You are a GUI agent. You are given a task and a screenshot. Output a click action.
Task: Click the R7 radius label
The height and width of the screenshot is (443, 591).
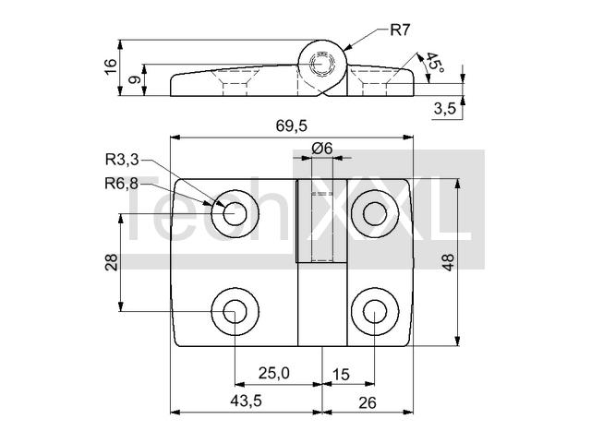coord(400,30)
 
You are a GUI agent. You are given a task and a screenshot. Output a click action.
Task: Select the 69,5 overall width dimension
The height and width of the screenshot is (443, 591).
coord(292,126)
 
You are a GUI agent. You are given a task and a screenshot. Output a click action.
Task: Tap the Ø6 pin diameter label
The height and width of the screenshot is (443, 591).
coord(322,149)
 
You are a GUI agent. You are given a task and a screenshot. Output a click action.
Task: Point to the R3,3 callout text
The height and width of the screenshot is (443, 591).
coord(122,160)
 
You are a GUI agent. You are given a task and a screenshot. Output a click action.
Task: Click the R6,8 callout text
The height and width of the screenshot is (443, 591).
coord(122,184)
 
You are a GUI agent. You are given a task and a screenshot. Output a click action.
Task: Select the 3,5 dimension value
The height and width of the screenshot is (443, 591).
coord(445,109)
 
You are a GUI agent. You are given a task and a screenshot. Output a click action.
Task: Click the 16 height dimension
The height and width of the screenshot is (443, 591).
coord(111,67)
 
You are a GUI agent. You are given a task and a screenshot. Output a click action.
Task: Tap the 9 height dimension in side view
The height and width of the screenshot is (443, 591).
coord(135,80)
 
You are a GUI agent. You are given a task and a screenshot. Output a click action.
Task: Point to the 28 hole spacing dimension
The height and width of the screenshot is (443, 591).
coord(112,262)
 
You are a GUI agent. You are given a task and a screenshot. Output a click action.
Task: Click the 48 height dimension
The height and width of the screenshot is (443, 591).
coord(449,262)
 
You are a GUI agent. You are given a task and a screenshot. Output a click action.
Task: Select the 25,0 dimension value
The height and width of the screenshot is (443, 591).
coord(274,373)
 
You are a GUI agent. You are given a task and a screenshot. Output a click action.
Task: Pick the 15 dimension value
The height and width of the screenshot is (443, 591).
coord(341,376)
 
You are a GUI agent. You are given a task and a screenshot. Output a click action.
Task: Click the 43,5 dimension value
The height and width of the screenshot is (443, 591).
coord(247,401)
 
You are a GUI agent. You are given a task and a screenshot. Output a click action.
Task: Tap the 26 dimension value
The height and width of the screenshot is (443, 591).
coord(368,403)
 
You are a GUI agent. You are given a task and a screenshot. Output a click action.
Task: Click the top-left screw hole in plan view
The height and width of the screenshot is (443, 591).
coord(235,214)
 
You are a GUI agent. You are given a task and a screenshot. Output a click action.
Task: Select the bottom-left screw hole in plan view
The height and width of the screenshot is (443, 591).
coord(235,312)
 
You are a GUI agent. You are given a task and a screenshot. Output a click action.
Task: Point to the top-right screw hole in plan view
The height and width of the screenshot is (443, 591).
coord(375,214)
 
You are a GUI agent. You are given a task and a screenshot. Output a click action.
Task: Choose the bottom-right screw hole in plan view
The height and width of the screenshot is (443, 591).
coord(375,312)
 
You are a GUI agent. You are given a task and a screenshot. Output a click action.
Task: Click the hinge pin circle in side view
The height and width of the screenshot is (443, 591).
coord(322,64)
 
